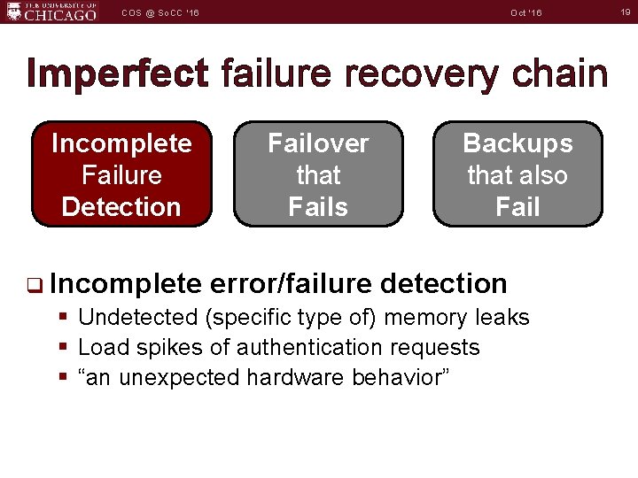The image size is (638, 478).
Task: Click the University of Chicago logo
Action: coord(51,12)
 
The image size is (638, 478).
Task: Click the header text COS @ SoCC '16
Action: coord(160,12)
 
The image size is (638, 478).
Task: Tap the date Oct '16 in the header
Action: coord(526,12)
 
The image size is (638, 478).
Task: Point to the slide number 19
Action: coord(624,12)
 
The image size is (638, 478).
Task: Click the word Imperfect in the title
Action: coord(118,73)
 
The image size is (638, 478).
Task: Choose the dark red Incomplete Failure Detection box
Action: coord(121,174)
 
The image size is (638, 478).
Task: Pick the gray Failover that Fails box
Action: coord(318,174)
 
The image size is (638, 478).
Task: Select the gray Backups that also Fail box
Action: coord(517,174)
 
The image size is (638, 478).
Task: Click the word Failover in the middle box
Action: coord(318,143)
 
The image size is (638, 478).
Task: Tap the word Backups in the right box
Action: coord(517,143)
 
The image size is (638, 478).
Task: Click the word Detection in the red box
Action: coord(121,207)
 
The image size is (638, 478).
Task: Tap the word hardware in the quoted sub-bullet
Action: coord(296,377)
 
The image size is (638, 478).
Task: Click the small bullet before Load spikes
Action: coord(62,347)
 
